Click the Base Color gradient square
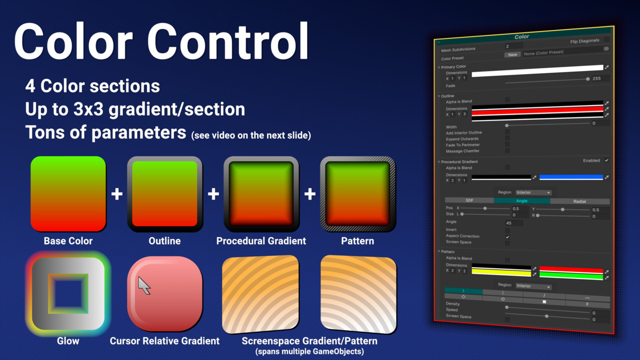tap(68, 194)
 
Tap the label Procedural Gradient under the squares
tap(261, 241)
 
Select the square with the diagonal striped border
tap(357, 194)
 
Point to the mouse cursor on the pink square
tap(143, 285)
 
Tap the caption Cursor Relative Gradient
tap(164, 341)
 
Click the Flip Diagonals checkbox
tap(606, 39)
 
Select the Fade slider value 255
tap(597, 78)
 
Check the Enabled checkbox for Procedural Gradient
tap(606, 160)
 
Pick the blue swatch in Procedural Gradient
tap(571, 177)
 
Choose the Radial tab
tap(579, 201)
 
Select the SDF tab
tap(469, 201)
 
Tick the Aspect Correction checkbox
tap(507, 236)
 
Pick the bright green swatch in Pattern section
tap(571, 277)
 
